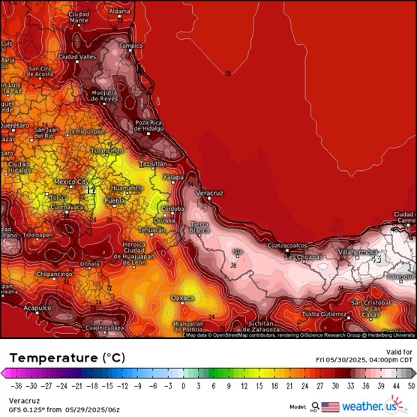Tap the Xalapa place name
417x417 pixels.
tap(173, 177)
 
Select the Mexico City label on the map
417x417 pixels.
tap(72, 181)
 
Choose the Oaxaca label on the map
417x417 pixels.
tap(182, 298)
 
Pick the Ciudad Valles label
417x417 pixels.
tap(78, 56)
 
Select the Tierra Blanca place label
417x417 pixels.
tap(199, 228)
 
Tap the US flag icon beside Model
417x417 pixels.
tap(330, 406)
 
